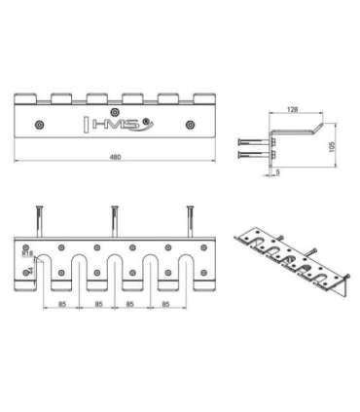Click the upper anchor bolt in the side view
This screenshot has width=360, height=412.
coord(249,137)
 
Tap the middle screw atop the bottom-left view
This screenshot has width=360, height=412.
coord(115,216)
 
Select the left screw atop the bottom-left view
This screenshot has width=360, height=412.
coord(41,216)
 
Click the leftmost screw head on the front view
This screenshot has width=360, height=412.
coord(39,125)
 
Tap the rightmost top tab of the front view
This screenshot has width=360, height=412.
coord(203,97)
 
